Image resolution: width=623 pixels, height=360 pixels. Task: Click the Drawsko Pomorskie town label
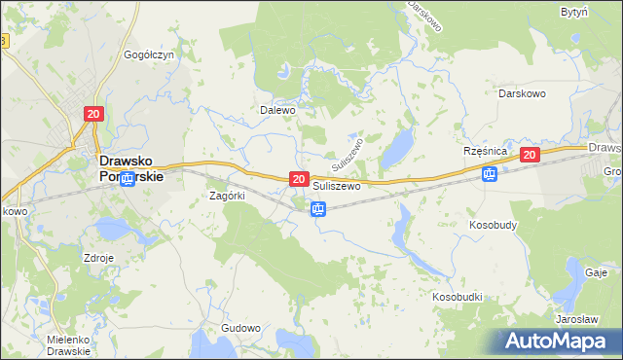tap(128, 171)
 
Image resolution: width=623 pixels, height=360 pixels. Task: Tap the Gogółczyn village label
tap(149, 55)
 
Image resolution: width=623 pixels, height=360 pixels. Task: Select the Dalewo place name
tap(276, 110)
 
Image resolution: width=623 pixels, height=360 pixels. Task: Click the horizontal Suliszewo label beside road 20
tap(337, 185)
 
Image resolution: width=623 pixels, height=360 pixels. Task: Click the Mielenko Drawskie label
tap(68, 345)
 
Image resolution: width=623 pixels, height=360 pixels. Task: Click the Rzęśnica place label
tap(487, 153)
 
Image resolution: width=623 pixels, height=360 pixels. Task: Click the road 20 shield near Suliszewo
tap(299, 180)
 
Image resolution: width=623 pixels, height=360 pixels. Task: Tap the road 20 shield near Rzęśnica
tap(529, 155)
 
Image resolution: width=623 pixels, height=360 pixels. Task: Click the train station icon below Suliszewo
tap(317, 209)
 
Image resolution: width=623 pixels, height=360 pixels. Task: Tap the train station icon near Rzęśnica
tap(490, 174)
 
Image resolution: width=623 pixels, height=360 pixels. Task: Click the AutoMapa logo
tap(562, 341)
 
